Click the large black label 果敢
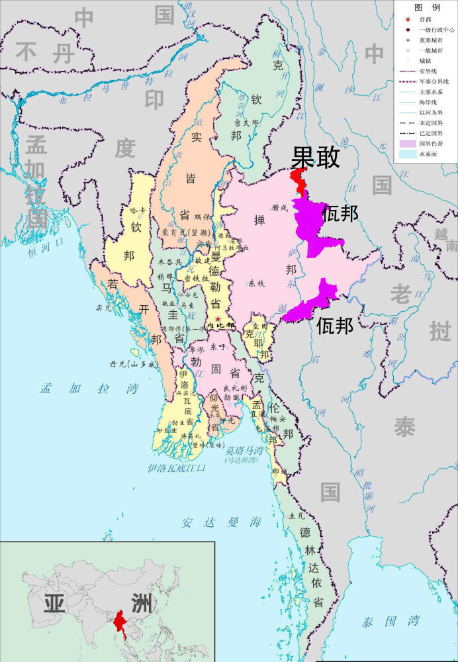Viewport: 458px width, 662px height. (x=316, y=158)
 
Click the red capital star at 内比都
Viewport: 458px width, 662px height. (x=218, y=319)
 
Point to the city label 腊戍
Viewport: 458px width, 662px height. (x=279, y=208)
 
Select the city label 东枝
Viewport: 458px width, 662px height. (x=256, y=283)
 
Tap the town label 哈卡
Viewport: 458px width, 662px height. (x=138, y=211)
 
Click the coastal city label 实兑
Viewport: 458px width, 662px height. (x=103, y=307)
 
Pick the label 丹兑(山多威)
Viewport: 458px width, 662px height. (x=135, y=364)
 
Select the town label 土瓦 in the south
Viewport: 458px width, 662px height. (x=296, y=515)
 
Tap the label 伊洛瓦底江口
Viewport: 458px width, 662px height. (x=177, y=468)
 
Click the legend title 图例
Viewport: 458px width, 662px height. (x=427, y=8)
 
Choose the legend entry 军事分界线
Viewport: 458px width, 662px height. (x=434, y=81)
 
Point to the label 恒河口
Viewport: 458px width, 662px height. (x=48, y=252)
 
